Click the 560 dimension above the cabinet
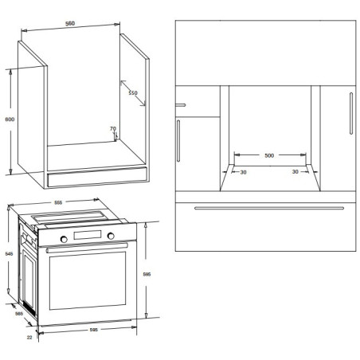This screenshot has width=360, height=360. [70, 23]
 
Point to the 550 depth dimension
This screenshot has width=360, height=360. [133, 92]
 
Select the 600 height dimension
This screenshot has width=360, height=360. [10, 119]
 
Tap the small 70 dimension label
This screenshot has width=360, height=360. [113, 128]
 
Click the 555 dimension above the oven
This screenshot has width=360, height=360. [58, 202]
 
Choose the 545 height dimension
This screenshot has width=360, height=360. [9, 254]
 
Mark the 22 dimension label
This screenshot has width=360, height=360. [29, 338]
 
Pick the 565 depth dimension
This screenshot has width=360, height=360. [19, 314]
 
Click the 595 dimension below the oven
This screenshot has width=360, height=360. [94, 330]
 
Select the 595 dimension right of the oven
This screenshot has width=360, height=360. [147, 274]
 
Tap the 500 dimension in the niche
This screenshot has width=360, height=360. [269, 155]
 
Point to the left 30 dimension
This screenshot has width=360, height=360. [244, 172]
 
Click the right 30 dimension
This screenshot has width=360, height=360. [295, 172]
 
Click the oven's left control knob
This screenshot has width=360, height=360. [64, 239]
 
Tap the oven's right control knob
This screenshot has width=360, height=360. [111, 236]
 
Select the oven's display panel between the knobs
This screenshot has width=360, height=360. [88, 235]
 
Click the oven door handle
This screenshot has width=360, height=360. [87, 247]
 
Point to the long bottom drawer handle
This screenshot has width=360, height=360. [269, 208]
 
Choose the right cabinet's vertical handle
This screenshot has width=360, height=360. [351, 113]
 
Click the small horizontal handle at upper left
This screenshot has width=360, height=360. [180, 105]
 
